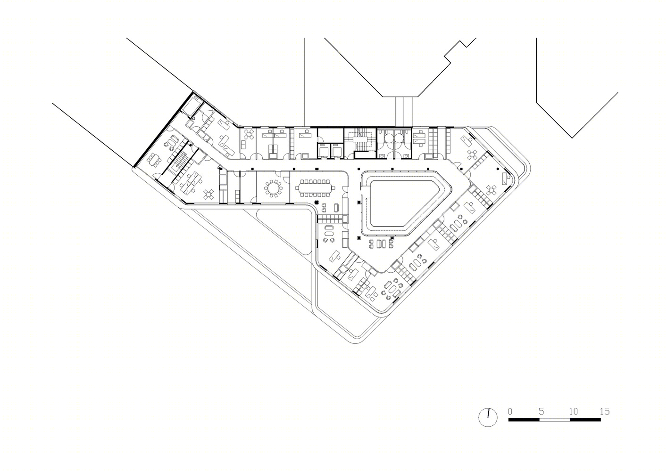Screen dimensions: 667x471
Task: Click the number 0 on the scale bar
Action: (x=510, y=411)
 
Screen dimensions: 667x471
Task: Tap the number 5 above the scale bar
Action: (x=541, y=411)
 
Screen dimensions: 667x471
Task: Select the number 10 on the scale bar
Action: (x=574, y=411)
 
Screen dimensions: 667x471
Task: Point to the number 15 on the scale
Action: (x=605, y=411)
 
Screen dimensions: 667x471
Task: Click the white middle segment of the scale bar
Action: (x=554, y=420)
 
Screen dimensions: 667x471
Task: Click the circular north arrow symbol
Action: (x=488, y=417)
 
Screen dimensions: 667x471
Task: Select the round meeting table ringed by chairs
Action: (x=273, y=188)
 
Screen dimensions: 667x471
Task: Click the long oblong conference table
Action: (x=315, y=188)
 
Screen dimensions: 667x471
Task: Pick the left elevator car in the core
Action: (x=323, y=151)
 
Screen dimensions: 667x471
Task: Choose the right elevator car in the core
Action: (x=336, y=151)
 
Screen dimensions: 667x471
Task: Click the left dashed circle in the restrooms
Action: (x=389, y=138)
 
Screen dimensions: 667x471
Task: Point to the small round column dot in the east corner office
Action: (x=497, y=169)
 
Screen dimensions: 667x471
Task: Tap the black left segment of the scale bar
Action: (x=524, y=420)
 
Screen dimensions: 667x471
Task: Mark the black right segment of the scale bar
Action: (x=585, y=420)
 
